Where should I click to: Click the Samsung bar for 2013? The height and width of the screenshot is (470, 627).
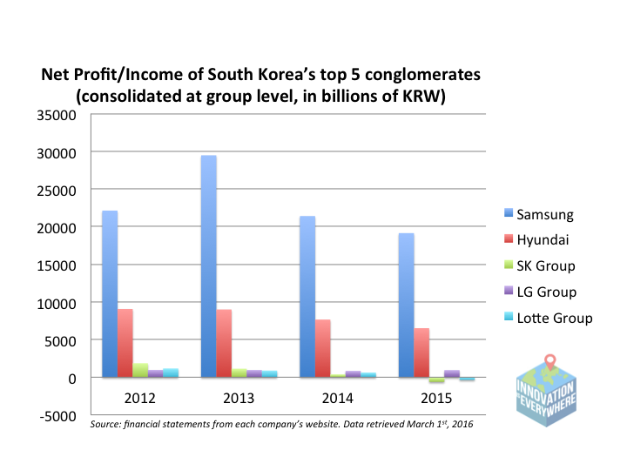(209, 266)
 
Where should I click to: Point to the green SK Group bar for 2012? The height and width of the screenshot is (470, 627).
(140, 370)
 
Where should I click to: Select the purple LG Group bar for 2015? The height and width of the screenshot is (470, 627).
(452, 373)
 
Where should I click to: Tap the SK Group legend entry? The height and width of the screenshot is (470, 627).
(540, 266)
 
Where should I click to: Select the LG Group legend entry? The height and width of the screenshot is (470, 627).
(540, 292)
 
